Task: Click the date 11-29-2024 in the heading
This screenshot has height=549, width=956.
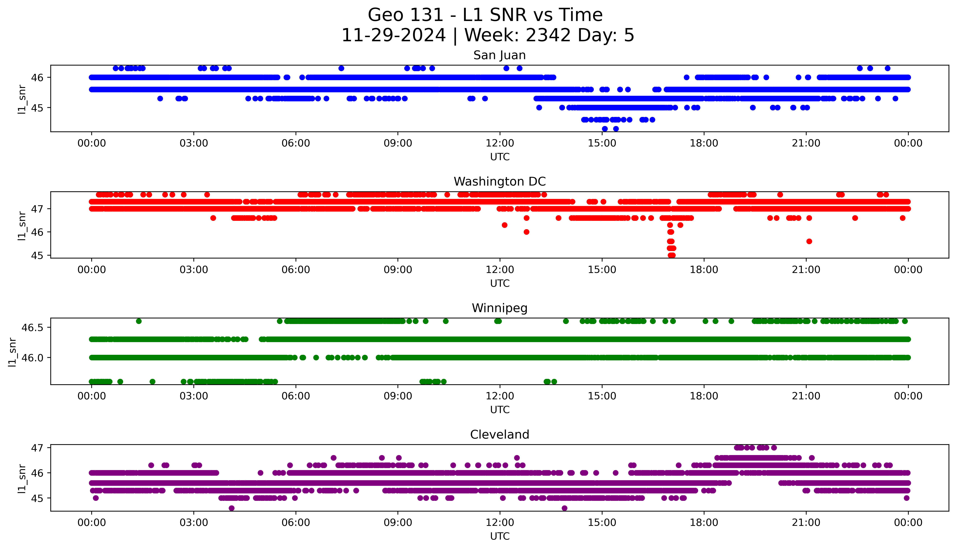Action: pos(393,35)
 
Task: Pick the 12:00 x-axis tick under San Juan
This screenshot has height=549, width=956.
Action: pos(500,143)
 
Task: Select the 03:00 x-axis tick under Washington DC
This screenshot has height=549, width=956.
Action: pos(194,270)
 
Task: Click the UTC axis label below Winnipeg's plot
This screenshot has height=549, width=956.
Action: pos(500,410)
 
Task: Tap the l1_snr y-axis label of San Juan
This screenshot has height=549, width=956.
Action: pos(22,99)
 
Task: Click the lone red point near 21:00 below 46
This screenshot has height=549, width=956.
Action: pos(809,241)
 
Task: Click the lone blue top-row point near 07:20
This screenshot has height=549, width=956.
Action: pos(341,68)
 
